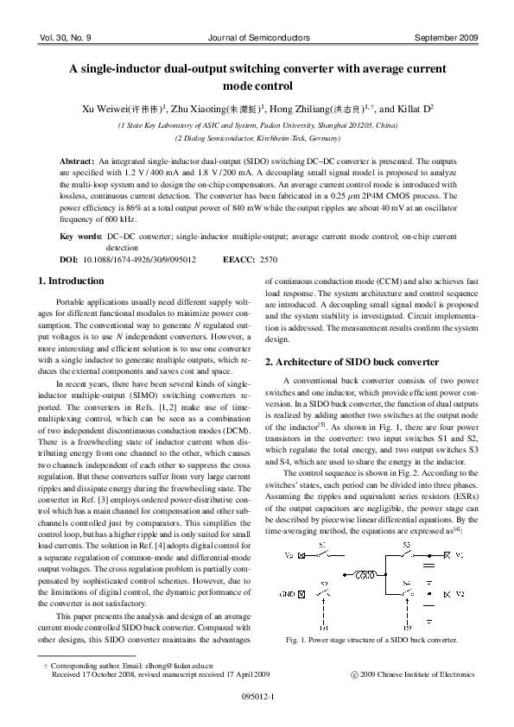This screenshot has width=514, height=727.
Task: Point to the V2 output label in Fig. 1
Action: (x=460, y=595)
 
